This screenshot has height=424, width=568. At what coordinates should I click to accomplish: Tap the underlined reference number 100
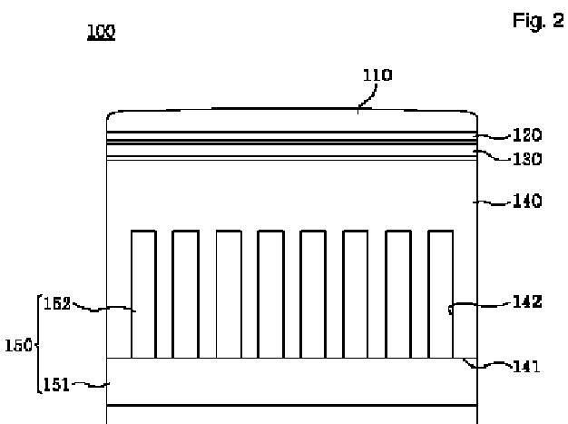coord(100,32)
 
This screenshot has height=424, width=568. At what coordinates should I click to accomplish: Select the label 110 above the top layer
coord(377,75)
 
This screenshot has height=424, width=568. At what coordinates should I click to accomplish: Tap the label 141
coord(525,367)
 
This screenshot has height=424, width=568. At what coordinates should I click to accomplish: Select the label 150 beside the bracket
coord(15,346)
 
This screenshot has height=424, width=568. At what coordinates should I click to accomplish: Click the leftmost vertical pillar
coord(143,293)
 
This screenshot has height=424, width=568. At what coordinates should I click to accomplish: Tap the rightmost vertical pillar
coord(440,293)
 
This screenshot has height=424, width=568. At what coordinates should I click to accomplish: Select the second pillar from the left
coord(185,293)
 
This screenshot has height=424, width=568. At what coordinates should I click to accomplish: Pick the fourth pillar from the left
coord(270,293)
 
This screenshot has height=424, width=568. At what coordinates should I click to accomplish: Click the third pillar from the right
coord(355,293)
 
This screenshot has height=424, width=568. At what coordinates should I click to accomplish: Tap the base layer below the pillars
coord(290,380)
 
